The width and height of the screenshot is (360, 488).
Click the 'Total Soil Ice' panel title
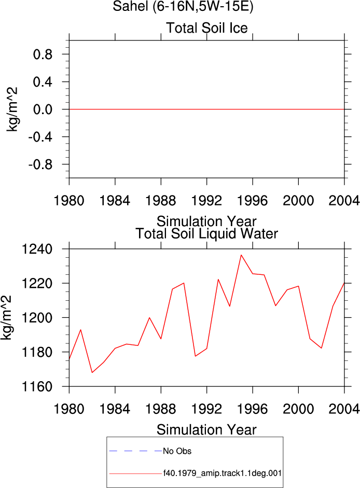pos(207,28)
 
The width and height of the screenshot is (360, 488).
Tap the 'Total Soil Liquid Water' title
pos(207,234)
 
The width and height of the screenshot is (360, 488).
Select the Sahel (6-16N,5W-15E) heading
pos(183,6)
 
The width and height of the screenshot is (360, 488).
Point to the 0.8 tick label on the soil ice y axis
pos(43,54)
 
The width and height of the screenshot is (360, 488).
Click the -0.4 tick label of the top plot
pos(40,137)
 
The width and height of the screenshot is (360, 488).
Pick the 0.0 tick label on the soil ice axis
pos(43,109)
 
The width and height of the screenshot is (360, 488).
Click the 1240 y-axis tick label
pos(37,249)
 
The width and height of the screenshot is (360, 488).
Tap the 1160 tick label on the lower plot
pos(37,386)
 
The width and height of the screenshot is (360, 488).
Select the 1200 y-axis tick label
pos(37,318)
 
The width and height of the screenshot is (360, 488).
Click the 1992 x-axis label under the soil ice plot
pos(207,200)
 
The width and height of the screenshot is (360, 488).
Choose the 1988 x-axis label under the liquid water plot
pos(161,409)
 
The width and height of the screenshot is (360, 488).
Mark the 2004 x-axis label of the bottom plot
pos(344,409)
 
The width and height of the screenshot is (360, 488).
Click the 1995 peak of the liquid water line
pos(241,255)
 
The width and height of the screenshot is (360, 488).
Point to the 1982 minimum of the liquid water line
pos(92,372)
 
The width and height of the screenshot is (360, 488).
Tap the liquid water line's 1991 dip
pos(195,356)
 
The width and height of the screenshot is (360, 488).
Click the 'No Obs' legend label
pos(177,451)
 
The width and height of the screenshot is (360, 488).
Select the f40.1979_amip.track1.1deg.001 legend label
pos(223,473)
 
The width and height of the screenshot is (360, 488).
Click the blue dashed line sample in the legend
pos(136,451)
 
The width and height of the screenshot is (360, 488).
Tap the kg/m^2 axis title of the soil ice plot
pos(12,109)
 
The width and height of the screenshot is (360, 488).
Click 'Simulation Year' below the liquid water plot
pos(206,430)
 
